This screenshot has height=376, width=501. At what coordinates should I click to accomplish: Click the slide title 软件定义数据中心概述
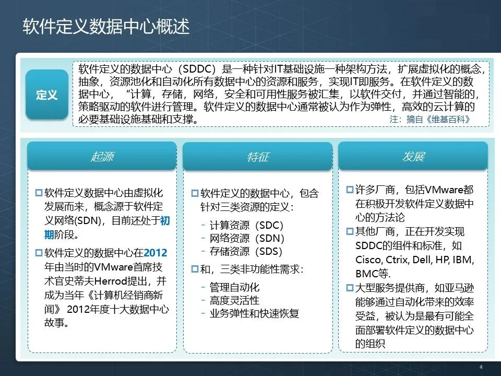tap(106, 27)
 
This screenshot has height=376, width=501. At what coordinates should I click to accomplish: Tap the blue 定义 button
tap(47, 95)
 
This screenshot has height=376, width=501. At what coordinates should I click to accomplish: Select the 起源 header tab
tap(102, 156)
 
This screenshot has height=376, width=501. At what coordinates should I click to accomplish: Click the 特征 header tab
tap(257, 157)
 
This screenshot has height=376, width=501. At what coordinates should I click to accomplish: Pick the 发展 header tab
tap(413, 156)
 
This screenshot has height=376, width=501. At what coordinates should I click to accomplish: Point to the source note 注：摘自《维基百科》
tap(430, 119)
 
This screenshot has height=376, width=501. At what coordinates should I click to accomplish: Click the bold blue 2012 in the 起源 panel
tap(156, 253)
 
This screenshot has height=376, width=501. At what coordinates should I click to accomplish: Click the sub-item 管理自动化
tap(234, 287)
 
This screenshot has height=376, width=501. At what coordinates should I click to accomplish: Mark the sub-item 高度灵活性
tap(234, 300)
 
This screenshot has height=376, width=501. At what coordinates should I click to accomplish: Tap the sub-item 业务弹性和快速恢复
tap(254, 313)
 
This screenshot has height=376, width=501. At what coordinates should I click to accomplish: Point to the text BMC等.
tap(373, 274)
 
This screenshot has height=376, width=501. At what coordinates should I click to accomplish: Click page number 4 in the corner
tap(481, 367)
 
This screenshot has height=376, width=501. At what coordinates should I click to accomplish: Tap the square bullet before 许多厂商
tap(350, 190)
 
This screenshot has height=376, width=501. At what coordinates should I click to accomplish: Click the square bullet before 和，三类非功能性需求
tap(195, 269)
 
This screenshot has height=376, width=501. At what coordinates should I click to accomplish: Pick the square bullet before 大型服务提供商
tap(350, 288)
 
